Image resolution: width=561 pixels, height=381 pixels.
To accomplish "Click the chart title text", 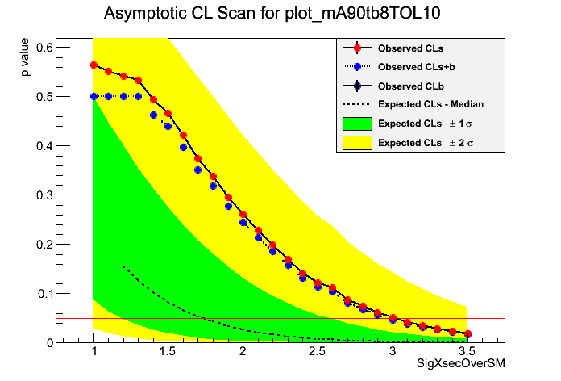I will [x=280, y=15].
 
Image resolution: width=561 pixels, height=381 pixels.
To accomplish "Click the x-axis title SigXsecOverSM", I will [x=460, y=365].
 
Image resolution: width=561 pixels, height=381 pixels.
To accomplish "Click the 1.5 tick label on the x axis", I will [x=168, y=353].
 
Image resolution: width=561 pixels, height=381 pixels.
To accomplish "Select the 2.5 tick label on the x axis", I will [x=318, y=353].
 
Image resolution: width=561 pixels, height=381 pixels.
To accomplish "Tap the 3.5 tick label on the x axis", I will [x=467, y=353].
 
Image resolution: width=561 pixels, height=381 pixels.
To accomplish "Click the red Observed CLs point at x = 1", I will [x=94, y=65].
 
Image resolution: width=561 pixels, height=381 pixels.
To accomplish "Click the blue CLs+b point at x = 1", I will [x=94, y=96].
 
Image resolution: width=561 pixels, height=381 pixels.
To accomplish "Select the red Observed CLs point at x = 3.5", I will [x=467, y=333].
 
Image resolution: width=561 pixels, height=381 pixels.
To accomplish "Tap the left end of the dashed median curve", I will [x=123, y=266].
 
